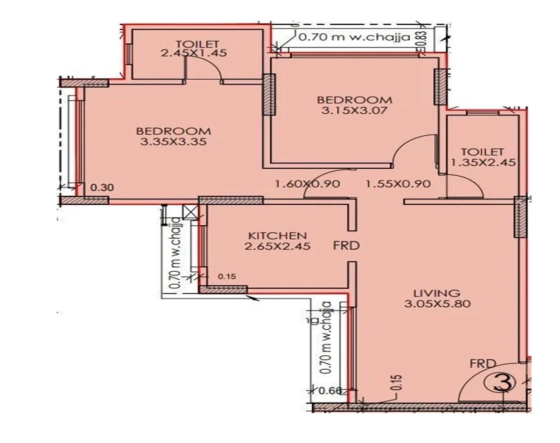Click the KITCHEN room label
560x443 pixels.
[x=277, y=235]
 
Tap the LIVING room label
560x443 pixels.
[x=437, y=293]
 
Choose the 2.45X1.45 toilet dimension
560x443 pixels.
[x=194, y=53]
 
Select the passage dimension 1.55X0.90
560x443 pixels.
[x=398, y=184]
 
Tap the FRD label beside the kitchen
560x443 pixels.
[x=346, y=245]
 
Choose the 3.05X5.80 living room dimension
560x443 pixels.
[x=437, y=304]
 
